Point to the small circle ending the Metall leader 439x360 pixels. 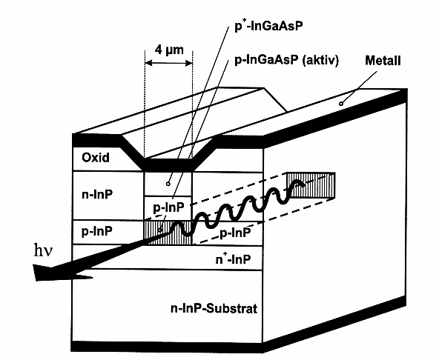[340, 103]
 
